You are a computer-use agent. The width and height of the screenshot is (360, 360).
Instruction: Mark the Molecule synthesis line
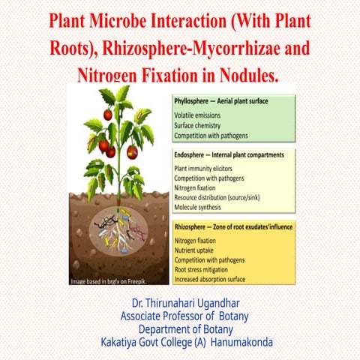(x=200, y=207)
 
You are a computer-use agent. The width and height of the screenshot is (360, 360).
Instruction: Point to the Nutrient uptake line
(x=196, y=250)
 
